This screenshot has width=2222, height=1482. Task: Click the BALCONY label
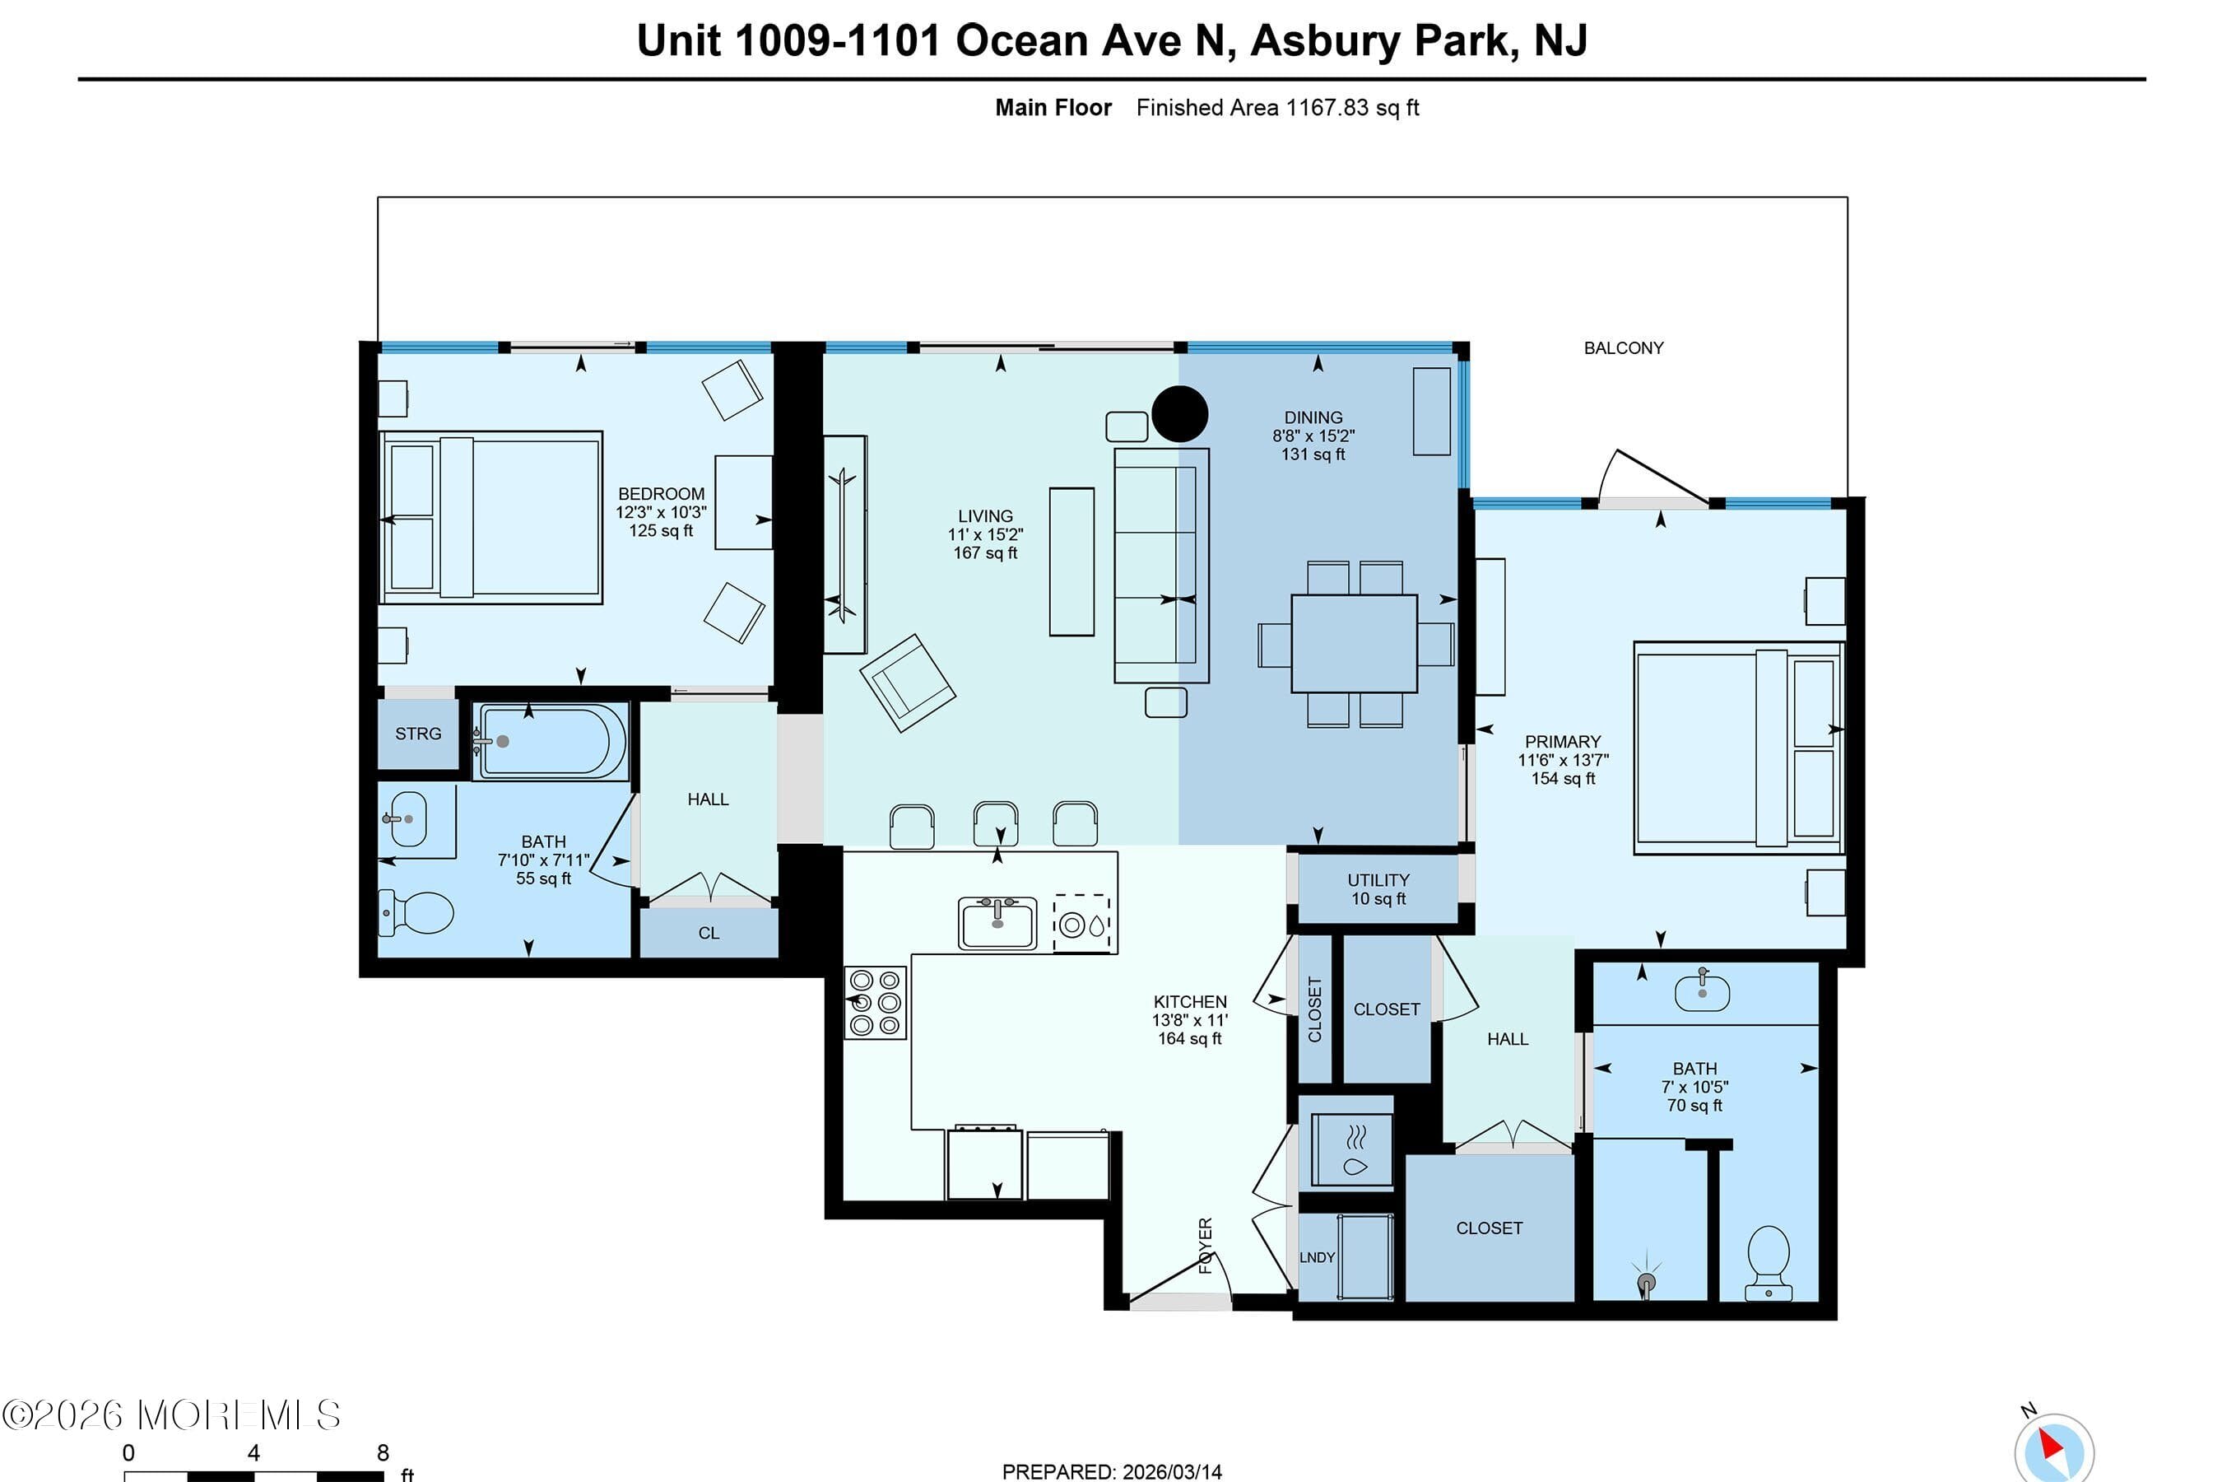click(1623, 347)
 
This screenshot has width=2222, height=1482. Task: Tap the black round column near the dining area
click(1180, 414)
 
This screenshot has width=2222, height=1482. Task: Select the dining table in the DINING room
click(1354, 644)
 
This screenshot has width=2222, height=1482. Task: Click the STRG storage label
click(417, 734)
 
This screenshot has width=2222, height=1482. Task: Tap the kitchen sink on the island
click(997, 922)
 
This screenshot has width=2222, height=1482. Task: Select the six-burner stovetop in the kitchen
click(875, 1003)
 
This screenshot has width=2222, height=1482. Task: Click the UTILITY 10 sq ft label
click(1378, 889)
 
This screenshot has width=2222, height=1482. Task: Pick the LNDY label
click(1317, 1257)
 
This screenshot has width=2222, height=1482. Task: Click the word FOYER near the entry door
click(1206, 1246)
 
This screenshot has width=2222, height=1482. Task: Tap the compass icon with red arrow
click(2053, 1451)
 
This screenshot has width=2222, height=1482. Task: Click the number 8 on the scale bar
click(383, 1452)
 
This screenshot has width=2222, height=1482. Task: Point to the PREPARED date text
click(1112, 1470)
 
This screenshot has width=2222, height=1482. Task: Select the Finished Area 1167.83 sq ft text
click(1277, 108)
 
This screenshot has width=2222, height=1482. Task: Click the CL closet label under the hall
click(709, 933)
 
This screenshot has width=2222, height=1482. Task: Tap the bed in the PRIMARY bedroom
click(1736, 748)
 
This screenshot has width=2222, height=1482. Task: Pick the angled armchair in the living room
click(907, 682)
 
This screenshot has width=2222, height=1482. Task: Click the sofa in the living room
click(1161, 565)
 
